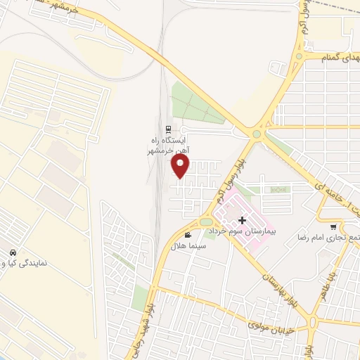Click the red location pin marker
tap(181, 165)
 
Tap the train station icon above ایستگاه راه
tap(167, 129)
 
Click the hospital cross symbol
tap(243, 221)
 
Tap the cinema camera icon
tap(188, 235)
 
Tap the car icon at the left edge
tap(12, 252)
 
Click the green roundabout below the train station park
tap(257, 133)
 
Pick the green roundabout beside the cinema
tap(206, 223)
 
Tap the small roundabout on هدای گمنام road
tap(300, 56)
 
